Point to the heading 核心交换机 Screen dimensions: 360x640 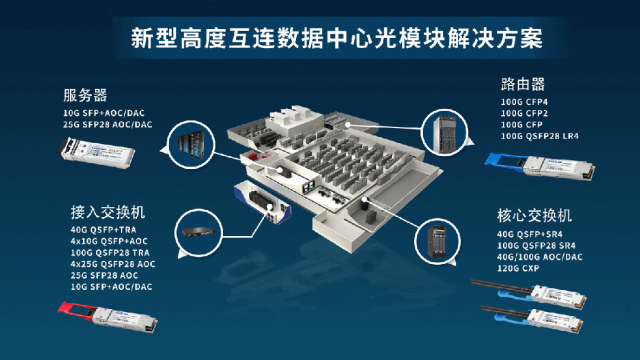click(x=534, y=215)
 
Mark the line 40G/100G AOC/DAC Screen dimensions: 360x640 click(x=540, y=256)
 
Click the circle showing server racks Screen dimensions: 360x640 click(x=191, y=141)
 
